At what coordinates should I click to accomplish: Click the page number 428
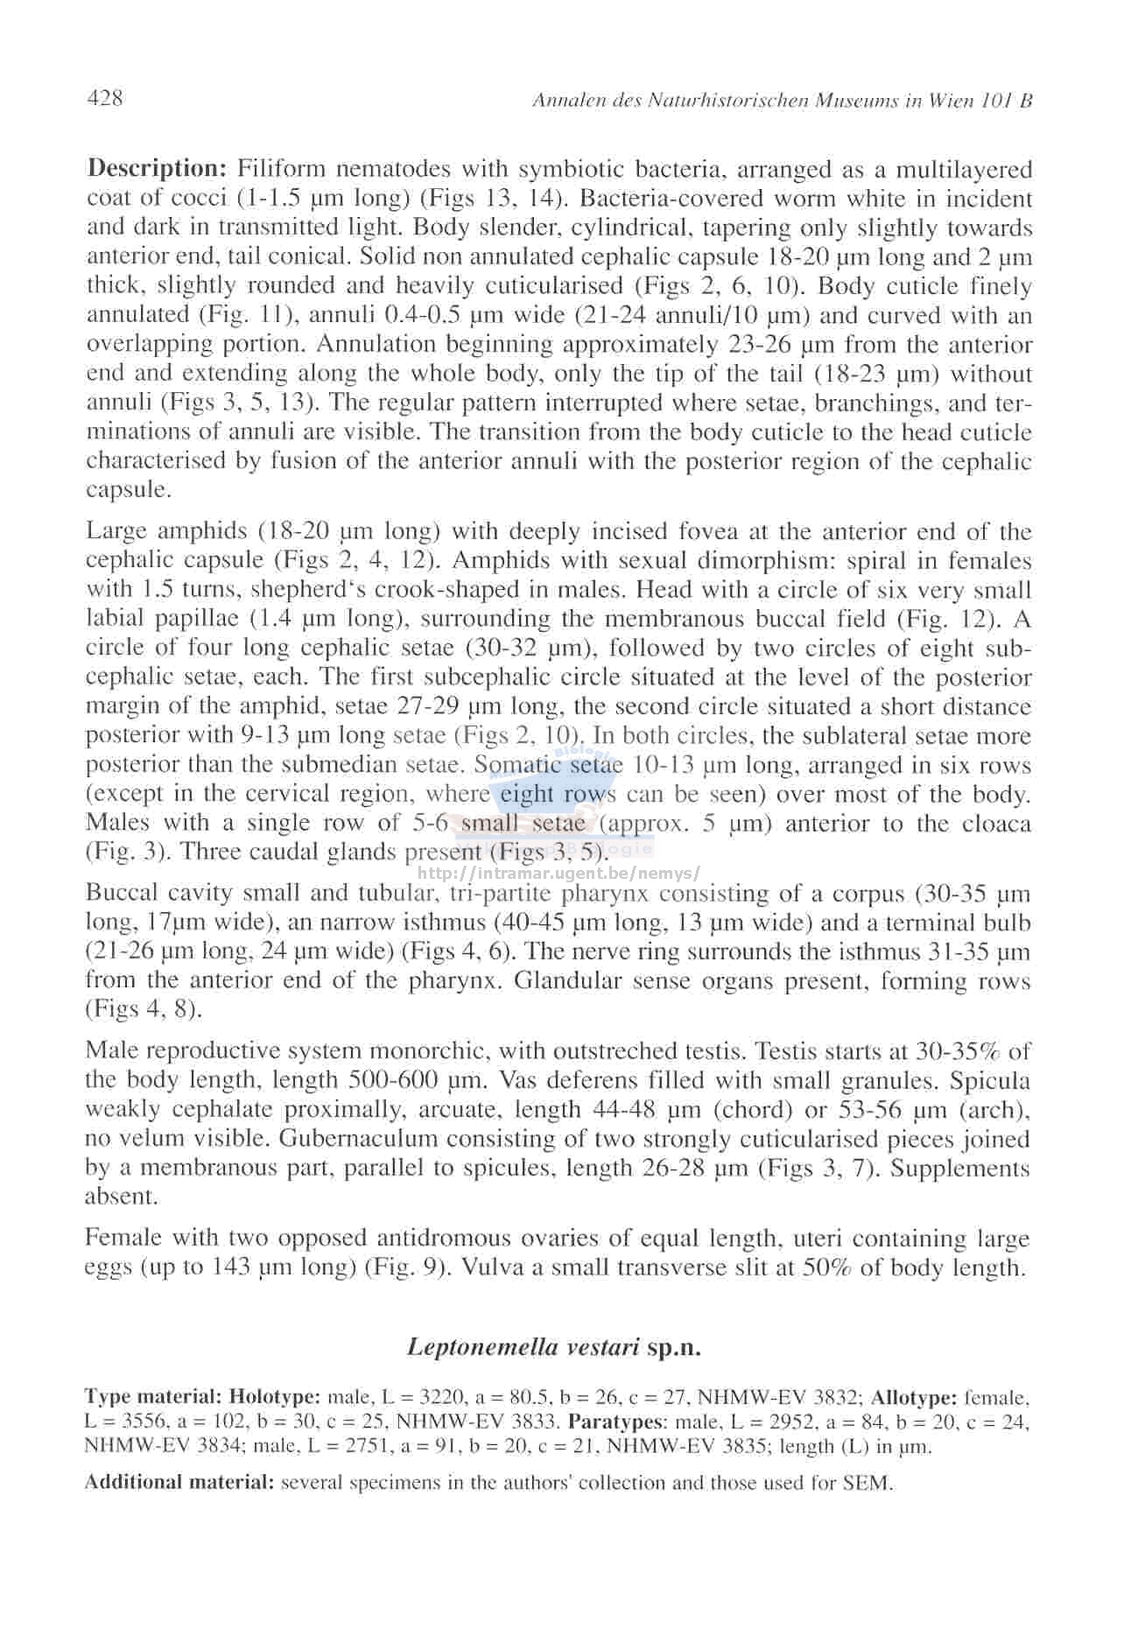coord(105,98)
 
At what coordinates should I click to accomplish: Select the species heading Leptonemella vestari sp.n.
coord(554,1346)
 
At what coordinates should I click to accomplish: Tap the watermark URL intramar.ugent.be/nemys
coord(560,874)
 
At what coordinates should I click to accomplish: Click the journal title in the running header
coord(782,101)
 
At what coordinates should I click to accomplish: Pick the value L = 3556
coord(120,1422)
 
